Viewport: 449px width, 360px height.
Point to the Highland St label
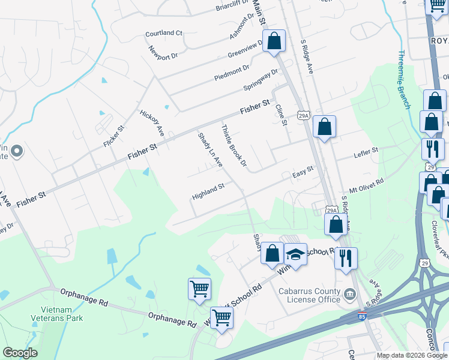[208, 191]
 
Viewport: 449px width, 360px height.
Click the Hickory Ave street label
[152, 122]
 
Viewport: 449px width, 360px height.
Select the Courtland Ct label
[163, 33]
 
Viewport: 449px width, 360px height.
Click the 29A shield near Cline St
[304, 115]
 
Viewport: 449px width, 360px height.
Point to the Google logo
[20, 353]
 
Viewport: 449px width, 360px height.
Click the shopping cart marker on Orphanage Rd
[199, 288]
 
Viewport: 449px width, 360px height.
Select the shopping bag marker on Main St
[274, 42]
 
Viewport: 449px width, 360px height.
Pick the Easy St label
[303, 172]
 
